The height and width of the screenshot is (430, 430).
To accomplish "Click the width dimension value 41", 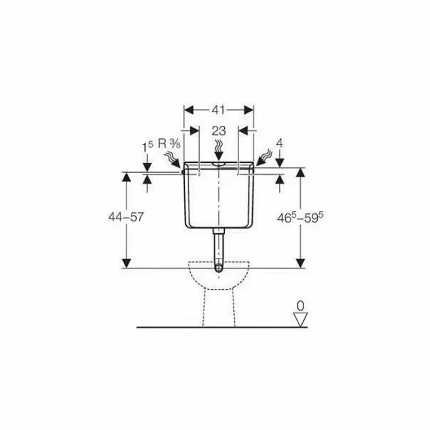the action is [218, 110].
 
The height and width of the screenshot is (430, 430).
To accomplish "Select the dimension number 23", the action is [219, 131].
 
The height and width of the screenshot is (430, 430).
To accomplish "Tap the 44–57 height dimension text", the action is [126, 217].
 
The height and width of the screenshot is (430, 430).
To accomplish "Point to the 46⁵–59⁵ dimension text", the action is [300, 218].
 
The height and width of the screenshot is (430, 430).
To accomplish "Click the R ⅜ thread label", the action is [169, 144].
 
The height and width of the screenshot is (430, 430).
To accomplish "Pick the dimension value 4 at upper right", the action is [279, 144].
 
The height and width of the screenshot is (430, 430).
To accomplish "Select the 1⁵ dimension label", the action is [147, 147].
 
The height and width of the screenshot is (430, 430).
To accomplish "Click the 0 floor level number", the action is [300, 305].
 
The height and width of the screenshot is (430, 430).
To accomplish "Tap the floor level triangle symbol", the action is [300, 319].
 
